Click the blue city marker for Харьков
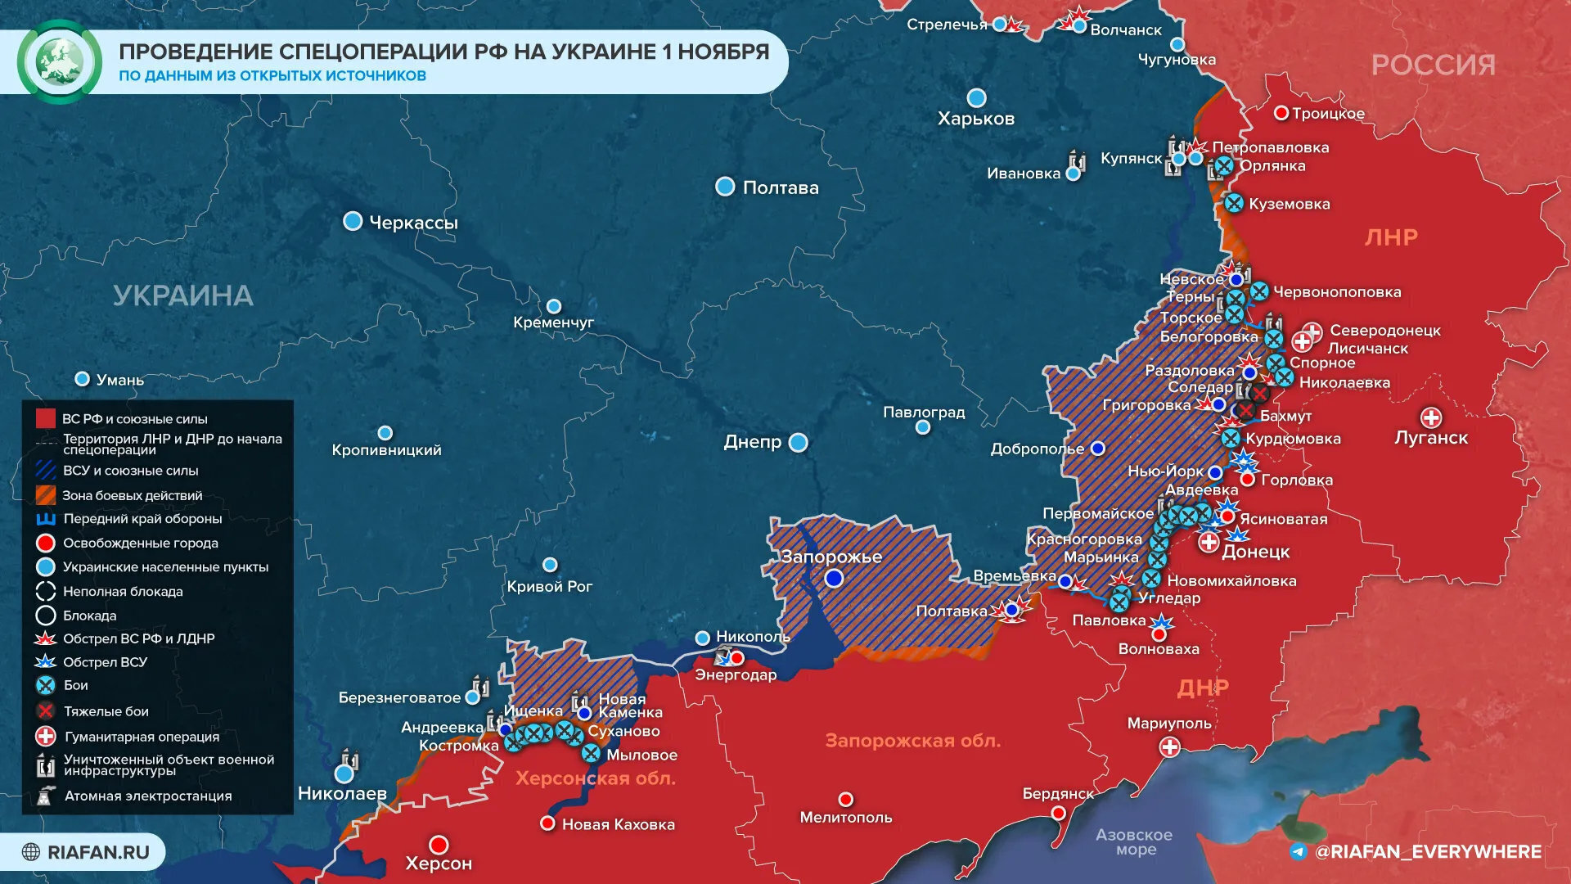tap(976, 98)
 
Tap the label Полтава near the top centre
tap(780, 187)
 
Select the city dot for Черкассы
tap(353, 221)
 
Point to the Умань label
tap(119, 380)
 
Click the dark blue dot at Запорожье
tap(834, 579)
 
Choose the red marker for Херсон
tap(439, 844)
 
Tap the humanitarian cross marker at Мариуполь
tap(1170, 746)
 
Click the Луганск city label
tap(1430, 438)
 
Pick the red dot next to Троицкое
tap(1281, 113)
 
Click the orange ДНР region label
tap(1202, 688)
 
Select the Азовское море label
tap(1134, 841)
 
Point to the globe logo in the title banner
tap(59, 61)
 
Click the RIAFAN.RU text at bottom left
tap(98, 852)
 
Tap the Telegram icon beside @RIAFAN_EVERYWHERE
tap(1298, 852)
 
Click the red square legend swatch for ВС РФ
tap(46, 419)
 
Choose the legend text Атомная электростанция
tap(148, 796)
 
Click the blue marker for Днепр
tap(799, 443)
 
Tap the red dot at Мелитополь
tap(846, 799)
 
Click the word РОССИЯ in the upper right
tap(1433, 65)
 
